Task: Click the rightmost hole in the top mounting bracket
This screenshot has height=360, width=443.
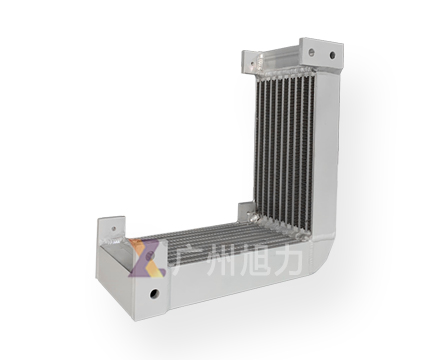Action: (332, 55)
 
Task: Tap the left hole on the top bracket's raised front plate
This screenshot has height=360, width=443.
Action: (312, 52)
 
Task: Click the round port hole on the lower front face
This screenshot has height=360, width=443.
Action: (154, 294)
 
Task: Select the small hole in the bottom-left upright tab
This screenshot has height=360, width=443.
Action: (114, 229)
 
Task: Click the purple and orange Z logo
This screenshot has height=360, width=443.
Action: (147, 258)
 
